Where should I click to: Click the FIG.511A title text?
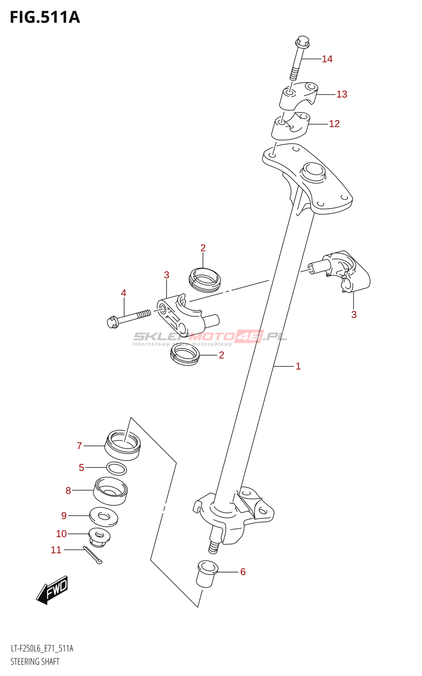(x=45, y=17)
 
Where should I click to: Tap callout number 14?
(x=327, y=59)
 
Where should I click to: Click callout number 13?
(x=341, y=94)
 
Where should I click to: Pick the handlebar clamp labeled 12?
(x=290, y=125)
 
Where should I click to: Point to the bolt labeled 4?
(x=129, y=318)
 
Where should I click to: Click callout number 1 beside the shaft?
(x=298, y=366)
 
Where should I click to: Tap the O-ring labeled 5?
(x=116, y=468)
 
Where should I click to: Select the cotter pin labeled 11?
(x=93, y=555)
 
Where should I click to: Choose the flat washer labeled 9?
(x=103, y=517)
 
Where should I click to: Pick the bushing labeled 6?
(x=206, y=573)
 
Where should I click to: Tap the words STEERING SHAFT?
(x=35, y=662)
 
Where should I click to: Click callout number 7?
(x=79, y=446)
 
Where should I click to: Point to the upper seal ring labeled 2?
(x=205, y=279)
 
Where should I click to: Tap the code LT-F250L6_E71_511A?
(x=42, y=649)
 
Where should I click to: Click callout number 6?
(x=243, y=572)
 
